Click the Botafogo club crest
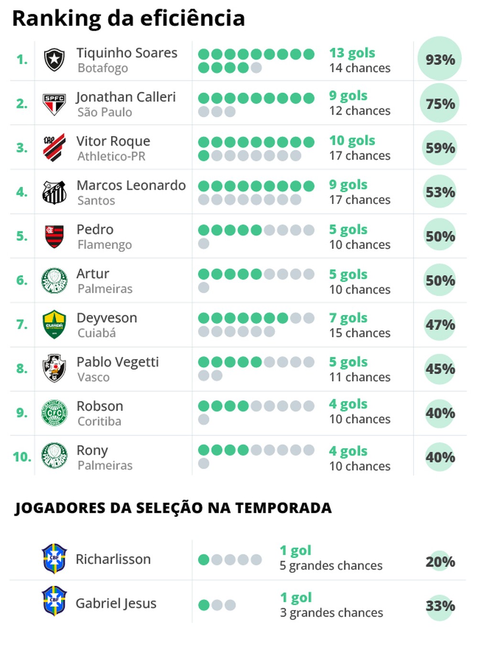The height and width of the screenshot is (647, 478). click(x=54, y=60)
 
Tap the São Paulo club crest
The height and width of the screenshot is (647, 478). click(x=54, y=104)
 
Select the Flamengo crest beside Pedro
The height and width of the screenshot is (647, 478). click(x=54, y=237)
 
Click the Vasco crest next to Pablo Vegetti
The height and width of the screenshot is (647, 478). click(x=54, y=368)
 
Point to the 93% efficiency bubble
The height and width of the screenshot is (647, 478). click(x=440, y=59)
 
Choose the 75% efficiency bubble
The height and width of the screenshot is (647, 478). click(x=440, y=104)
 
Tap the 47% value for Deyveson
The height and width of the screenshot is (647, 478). click(x=440, y=325)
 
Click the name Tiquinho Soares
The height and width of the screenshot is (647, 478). click(x=127, y=53)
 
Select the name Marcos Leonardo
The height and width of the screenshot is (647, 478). click(x=131, y=185)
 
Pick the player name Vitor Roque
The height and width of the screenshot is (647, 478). click(x=113, y=141)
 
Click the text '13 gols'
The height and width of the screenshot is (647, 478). click(x=352, y=53)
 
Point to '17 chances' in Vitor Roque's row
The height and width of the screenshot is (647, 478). click(x=359, y=156)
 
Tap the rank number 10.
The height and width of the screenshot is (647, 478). click(x=22, y=457)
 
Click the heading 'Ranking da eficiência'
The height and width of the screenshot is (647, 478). click(x=128, y=18)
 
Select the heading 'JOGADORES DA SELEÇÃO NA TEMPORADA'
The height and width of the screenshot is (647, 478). click(x=173, y=507)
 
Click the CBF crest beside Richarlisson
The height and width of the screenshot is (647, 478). click(x=54, y=559)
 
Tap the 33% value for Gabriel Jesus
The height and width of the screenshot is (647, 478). click(x=440, y=606)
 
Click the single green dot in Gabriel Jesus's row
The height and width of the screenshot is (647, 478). click(x=204, y=605)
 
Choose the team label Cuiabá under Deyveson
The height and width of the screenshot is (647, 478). click(x=97, y=333)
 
